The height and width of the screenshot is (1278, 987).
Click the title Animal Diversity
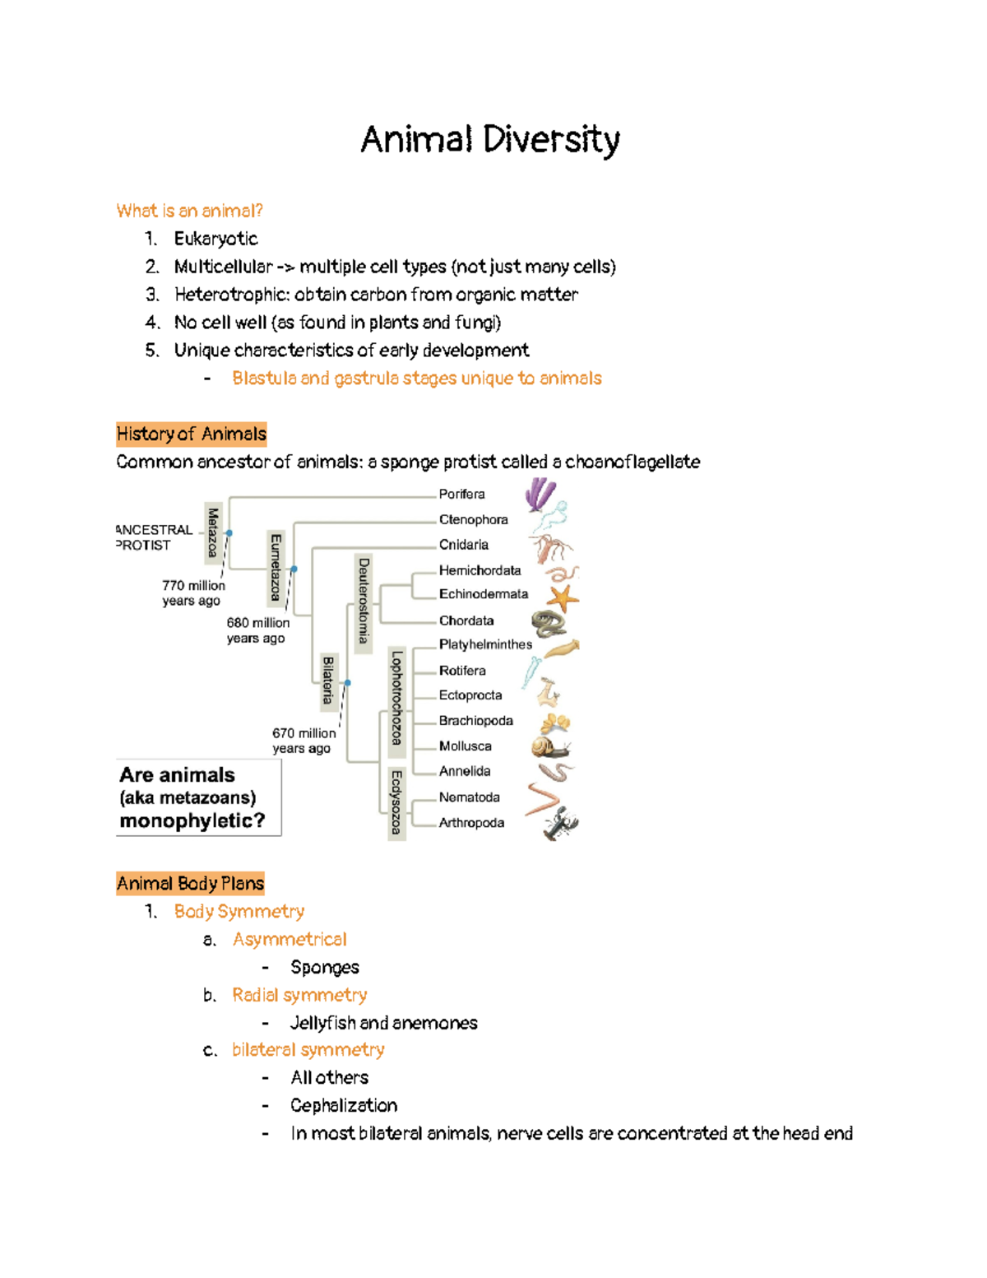tap(490, 140)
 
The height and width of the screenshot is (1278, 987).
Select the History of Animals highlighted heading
tap(192, 434)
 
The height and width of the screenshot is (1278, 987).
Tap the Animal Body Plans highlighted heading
tap(190, 883)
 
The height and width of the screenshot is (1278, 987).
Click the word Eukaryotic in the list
tap(215, 239)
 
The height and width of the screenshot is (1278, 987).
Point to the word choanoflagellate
tap(633, 462)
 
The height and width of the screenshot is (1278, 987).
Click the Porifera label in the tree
tap(461, 494)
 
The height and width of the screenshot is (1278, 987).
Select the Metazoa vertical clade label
tap(213, 533)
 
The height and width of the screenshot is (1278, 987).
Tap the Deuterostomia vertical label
tap(364, 600)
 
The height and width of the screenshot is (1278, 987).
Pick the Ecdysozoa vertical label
tap(396, 802)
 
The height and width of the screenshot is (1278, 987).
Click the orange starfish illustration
tap(563, 597)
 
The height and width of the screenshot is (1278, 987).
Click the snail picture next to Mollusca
tap(549, 747)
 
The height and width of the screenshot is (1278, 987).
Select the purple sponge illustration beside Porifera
tap(540, 495)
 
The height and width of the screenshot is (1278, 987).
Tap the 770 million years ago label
tap(193, 593)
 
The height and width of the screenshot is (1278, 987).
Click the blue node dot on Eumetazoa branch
tap(294, 569)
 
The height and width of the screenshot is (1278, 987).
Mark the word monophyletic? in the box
tap(192, 820)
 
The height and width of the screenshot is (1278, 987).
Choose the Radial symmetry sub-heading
tap(299, 995)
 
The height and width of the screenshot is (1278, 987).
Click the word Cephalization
tap(344, 1105)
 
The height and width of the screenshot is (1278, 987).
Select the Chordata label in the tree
tap(466, 620)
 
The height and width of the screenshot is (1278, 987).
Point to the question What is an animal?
tap(190, 211)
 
